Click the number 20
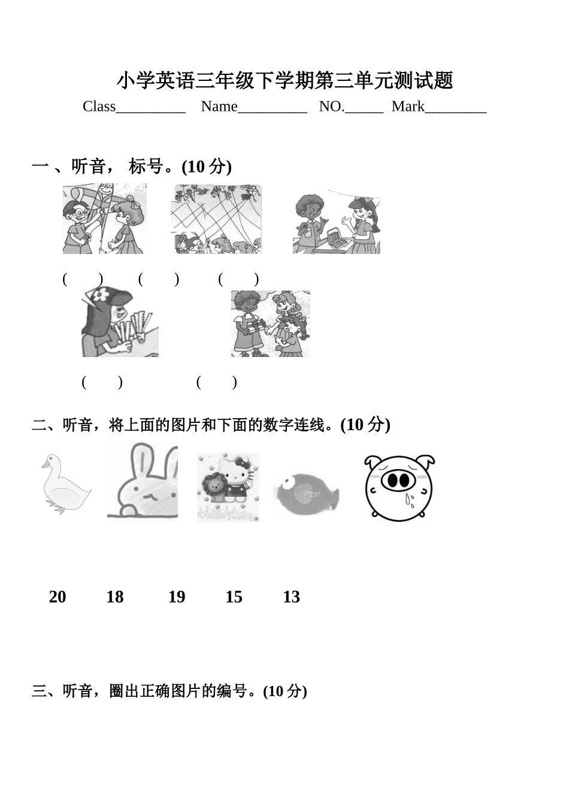[57, 597]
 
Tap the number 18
[115, 597]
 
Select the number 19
[177, 597]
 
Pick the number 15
[234, 597]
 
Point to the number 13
[291, 597]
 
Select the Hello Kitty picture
[228, 488]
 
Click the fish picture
[307, 494]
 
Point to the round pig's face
[399, 488]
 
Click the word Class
[99, 107]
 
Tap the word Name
[219, 107]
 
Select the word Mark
[408, 107]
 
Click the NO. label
[331, 107]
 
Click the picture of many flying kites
[216, 219]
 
